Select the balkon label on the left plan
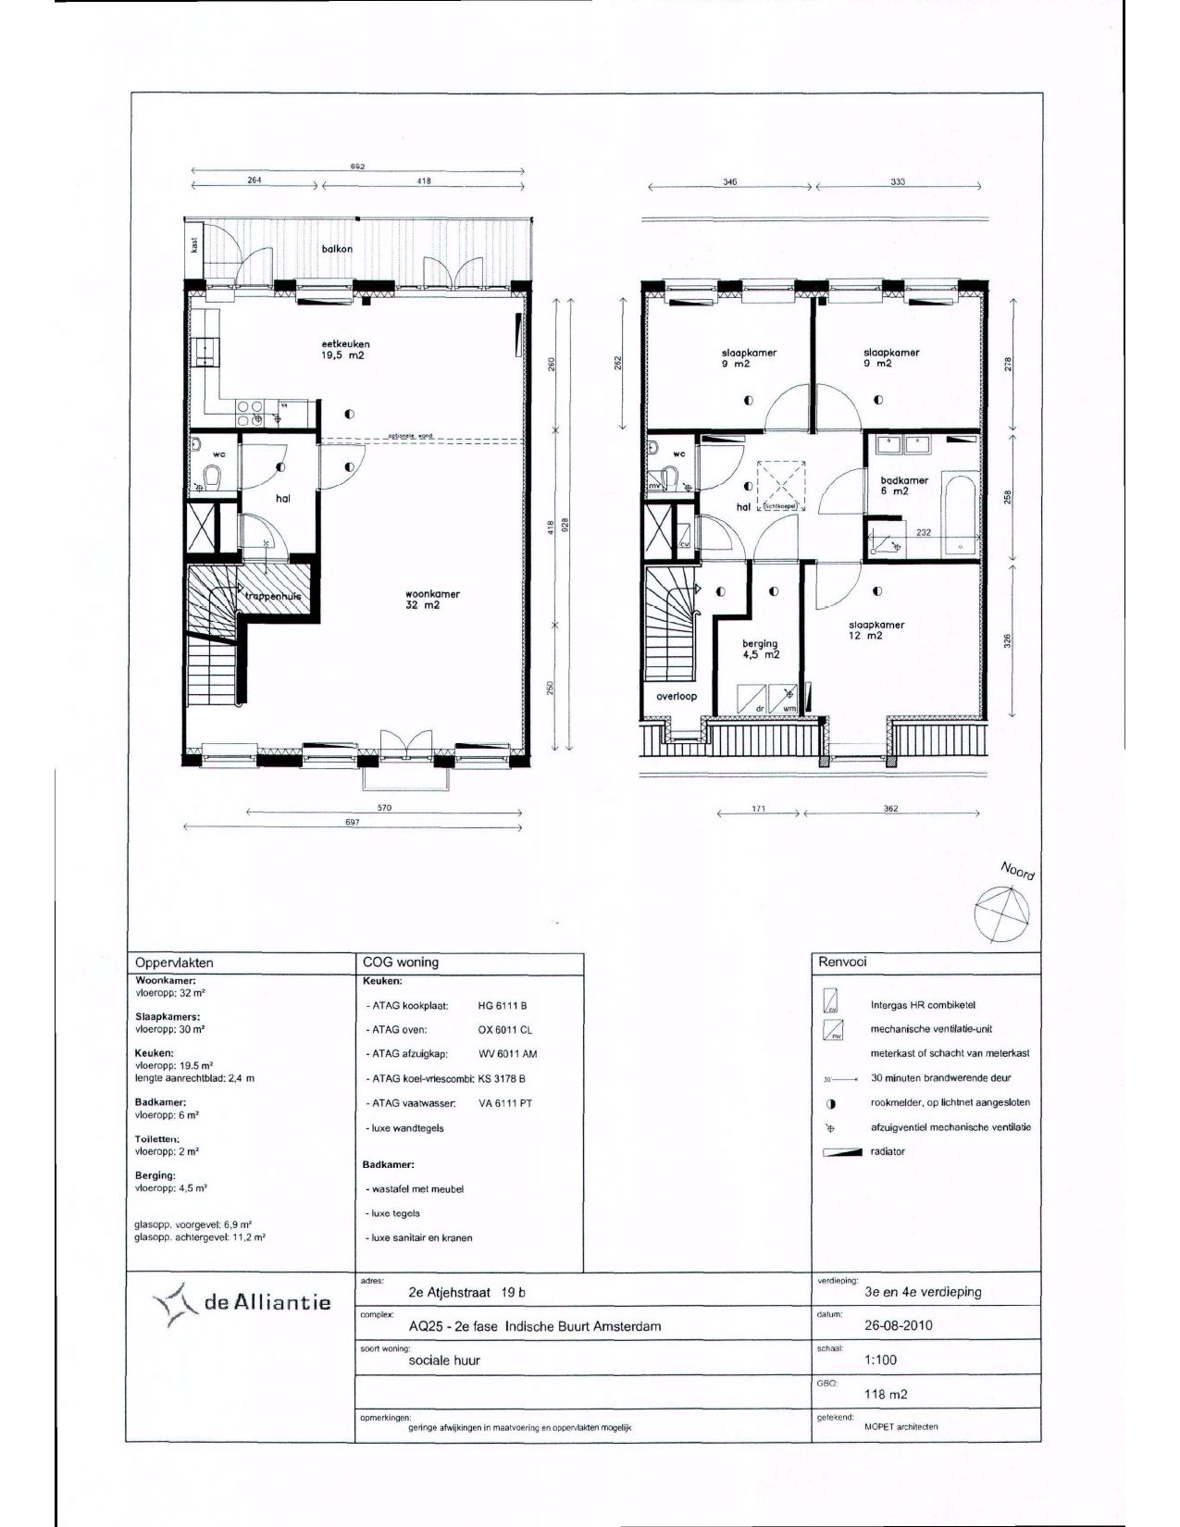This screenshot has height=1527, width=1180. pyautogui.click(x=338, y=249)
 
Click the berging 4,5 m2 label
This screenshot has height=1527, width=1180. pyautogui.click(x=760, y=649)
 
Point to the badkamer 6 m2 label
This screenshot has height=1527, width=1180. pyautogui.click(x=904, y=486)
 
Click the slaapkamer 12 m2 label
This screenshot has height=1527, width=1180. pyautogui.click(x=876, y=630)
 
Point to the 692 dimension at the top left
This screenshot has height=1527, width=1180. pyautogui.click(x=356, y=167)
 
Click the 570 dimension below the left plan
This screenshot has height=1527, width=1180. pyautogui.click(x=385, y=808)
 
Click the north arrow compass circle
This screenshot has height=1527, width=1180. pyautogui.click(x=1001, y=912)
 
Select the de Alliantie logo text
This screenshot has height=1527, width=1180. pyautogui.click(x=267, y=1303)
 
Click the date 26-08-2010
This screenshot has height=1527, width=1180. pyautogui.click(x=897, y=1325)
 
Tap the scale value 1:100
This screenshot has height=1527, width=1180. pyautogui.click(x=880, y=1359)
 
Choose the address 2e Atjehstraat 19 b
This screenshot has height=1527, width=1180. pyautogui.click(x=466, y=1292)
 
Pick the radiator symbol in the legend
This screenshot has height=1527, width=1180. pyautogui.click(x=843, y=1152)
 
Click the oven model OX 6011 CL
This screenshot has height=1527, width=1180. pyautogui.click(x=505, y=1029)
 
